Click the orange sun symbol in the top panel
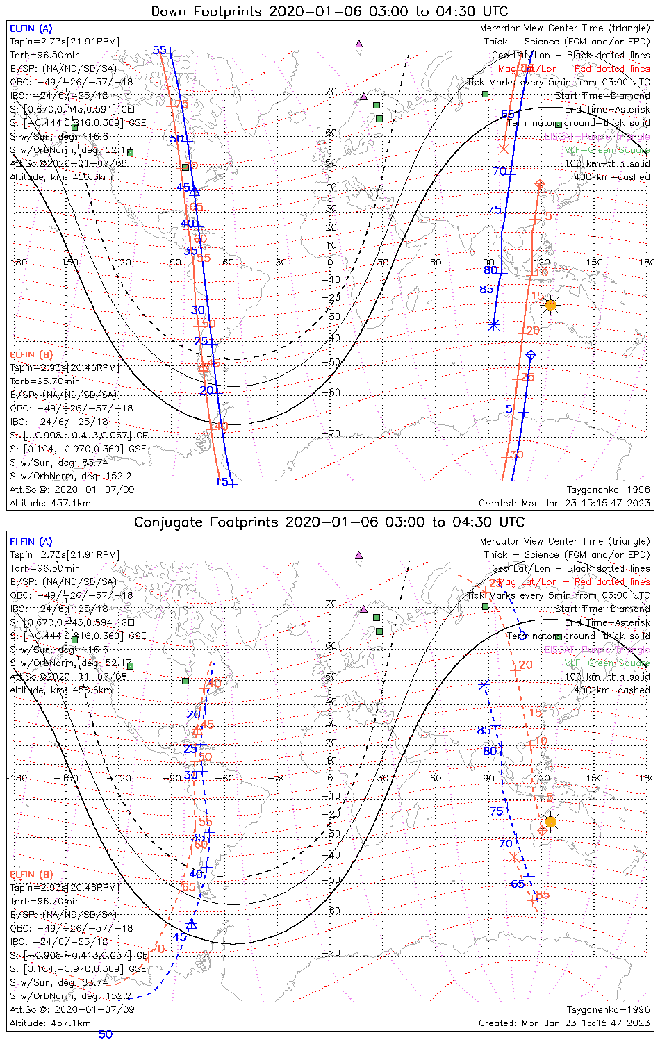coord(551,305)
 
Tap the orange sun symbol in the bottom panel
coord(551,822)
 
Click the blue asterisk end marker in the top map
coord(494,324)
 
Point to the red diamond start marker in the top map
coord(541,183)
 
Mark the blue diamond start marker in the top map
coord(531,355)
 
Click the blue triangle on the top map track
coord(195,191)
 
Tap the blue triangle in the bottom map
coord(192,925)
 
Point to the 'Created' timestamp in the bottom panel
coord(564,1023)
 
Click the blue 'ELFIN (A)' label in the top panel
coord(31,28)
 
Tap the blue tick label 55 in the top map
coord(160,50)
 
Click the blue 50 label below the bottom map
coord(105,1034)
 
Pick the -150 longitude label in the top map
coord(69,262)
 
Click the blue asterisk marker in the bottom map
coord(484,685)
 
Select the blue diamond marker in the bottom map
coord(522,636)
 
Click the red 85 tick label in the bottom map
coord(543,894)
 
